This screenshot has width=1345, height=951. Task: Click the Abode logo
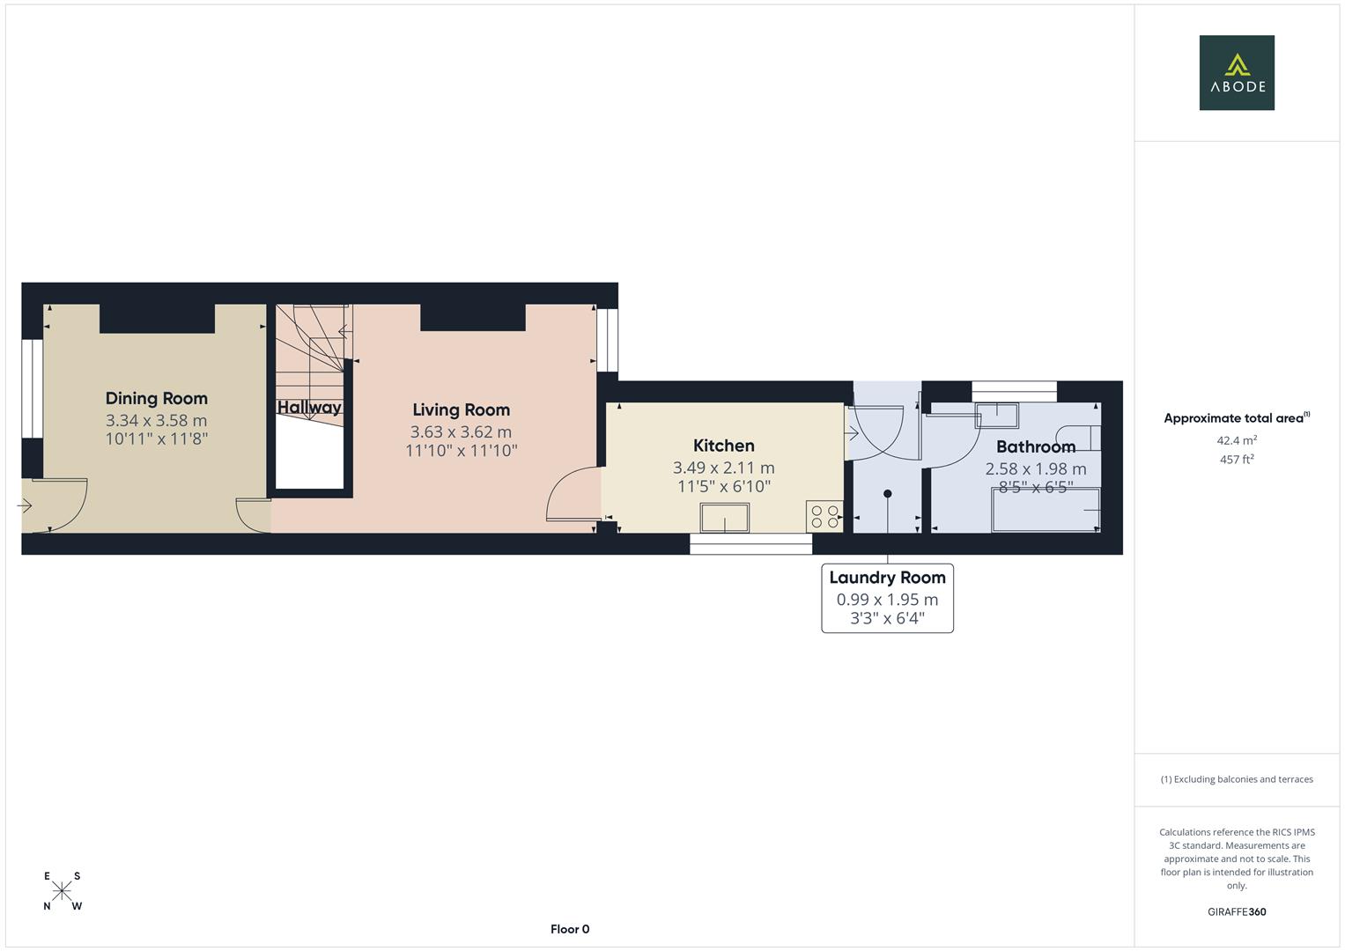[1237, 73]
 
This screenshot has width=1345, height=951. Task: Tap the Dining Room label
[157, 399]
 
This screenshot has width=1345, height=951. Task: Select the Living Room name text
[461, 410]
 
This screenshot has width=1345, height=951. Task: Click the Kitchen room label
[723, 446]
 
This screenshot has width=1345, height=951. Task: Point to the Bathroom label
[1035, 447]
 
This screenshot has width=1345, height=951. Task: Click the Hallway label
[309, 408]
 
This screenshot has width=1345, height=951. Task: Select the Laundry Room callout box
[887, 598]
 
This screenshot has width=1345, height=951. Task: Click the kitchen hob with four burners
[824, 517]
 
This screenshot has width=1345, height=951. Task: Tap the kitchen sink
[725, 518]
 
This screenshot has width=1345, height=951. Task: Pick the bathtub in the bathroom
[1046, 512]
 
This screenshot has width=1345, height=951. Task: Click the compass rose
[62, 891]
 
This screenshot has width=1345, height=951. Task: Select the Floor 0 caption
[569, 929]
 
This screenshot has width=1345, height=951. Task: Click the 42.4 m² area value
[1237, 440]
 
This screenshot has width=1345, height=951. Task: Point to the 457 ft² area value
[1237, 460]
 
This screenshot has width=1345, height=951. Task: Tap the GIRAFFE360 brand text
[1237, 912]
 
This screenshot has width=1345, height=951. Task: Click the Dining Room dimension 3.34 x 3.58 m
[157, 421]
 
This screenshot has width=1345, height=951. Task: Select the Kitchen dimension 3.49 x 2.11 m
[723, 468]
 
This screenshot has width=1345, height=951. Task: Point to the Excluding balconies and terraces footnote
[1237, 779]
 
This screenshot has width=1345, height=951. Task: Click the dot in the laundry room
[888, 494]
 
